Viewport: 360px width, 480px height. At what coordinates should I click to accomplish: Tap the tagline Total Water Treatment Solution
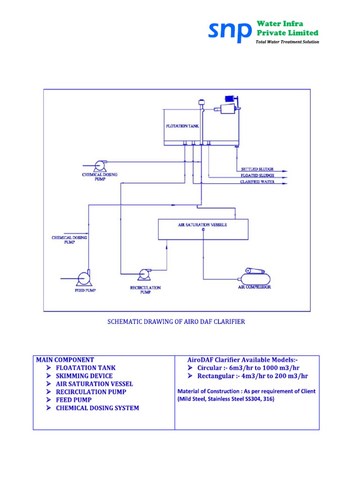coord(287,42)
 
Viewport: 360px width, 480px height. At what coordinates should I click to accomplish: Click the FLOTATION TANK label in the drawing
coord(183,126)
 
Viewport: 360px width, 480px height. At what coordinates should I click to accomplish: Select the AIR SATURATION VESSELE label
coord(202,225)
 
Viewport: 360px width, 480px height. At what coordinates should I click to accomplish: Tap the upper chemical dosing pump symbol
coord(99,165)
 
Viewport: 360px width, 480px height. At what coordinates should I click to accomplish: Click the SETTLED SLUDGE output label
coord(257,169)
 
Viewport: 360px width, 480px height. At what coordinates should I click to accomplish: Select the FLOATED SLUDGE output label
coord(257,175)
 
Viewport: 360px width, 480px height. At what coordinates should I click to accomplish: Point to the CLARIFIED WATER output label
coord(257,182)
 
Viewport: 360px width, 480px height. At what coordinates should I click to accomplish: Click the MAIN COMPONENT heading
coord(65,360)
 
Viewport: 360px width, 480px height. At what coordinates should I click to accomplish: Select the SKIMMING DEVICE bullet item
coord(84,376)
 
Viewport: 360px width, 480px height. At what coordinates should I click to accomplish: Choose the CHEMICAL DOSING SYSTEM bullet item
coord(97,408)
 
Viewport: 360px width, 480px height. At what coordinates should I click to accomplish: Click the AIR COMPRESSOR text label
coord(254,287)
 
